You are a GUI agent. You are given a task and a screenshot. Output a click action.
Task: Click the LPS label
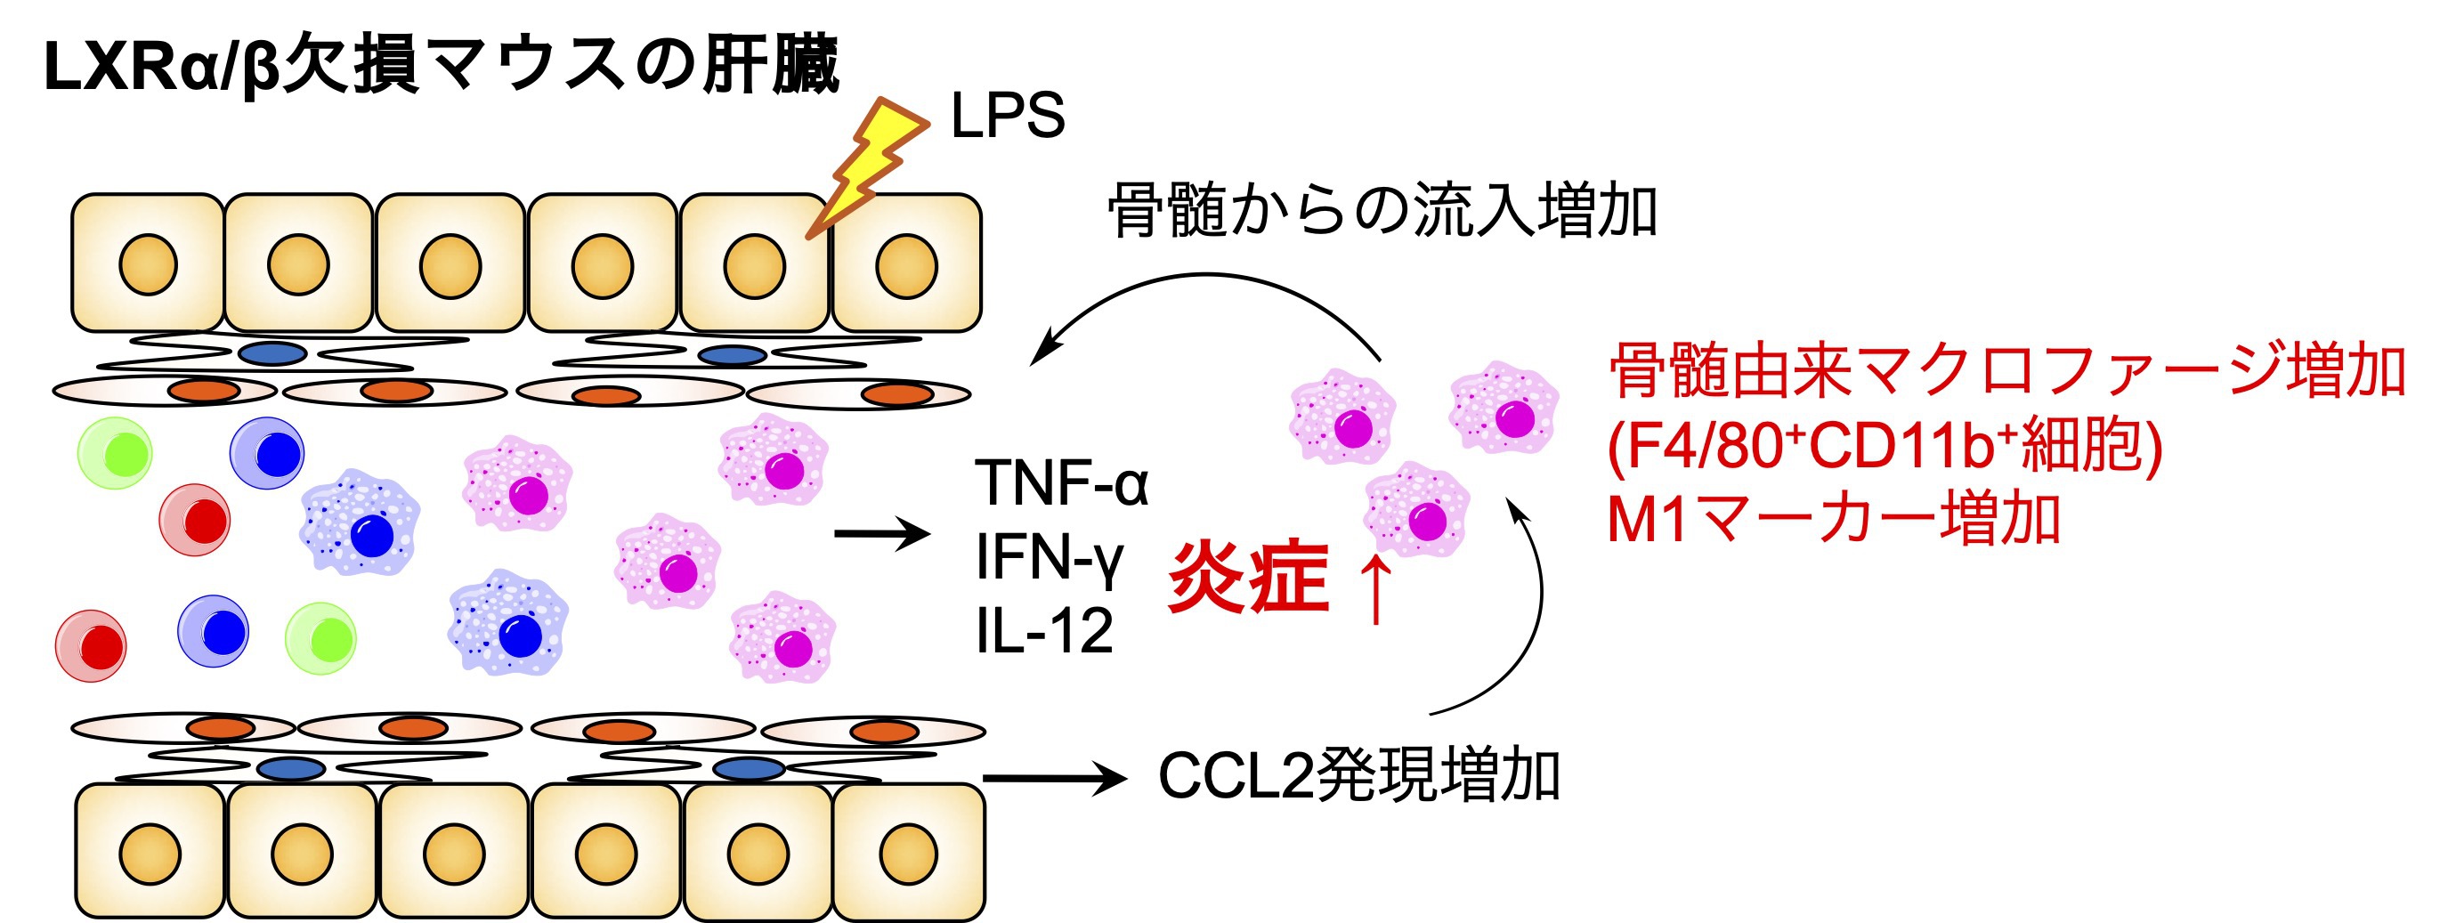1008,117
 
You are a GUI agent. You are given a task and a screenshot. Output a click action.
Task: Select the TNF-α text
1061,483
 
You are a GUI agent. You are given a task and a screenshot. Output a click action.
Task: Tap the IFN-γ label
1050,557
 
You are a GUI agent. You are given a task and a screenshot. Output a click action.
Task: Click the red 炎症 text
1248,577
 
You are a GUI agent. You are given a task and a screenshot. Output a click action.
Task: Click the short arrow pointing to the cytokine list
881,534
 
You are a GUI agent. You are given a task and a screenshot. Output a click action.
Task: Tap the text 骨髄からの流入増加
1382,211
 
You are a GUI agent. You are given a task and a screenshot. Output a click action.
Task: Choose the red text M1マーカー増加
1833,519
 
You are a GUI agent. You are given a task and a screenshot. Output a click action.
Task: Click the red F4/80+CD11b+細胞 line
1885,446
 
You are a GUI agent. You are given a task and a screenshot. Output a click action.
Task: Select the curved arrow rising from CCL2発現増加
1520,618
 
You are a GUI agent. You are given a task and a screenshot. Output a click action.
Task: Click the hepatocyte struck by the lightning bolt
755,264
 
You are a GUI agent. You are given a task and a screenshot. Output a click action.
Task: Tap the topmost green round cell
115,453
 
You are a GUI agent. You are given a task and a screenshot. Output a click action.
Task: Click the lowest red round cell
91,646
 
